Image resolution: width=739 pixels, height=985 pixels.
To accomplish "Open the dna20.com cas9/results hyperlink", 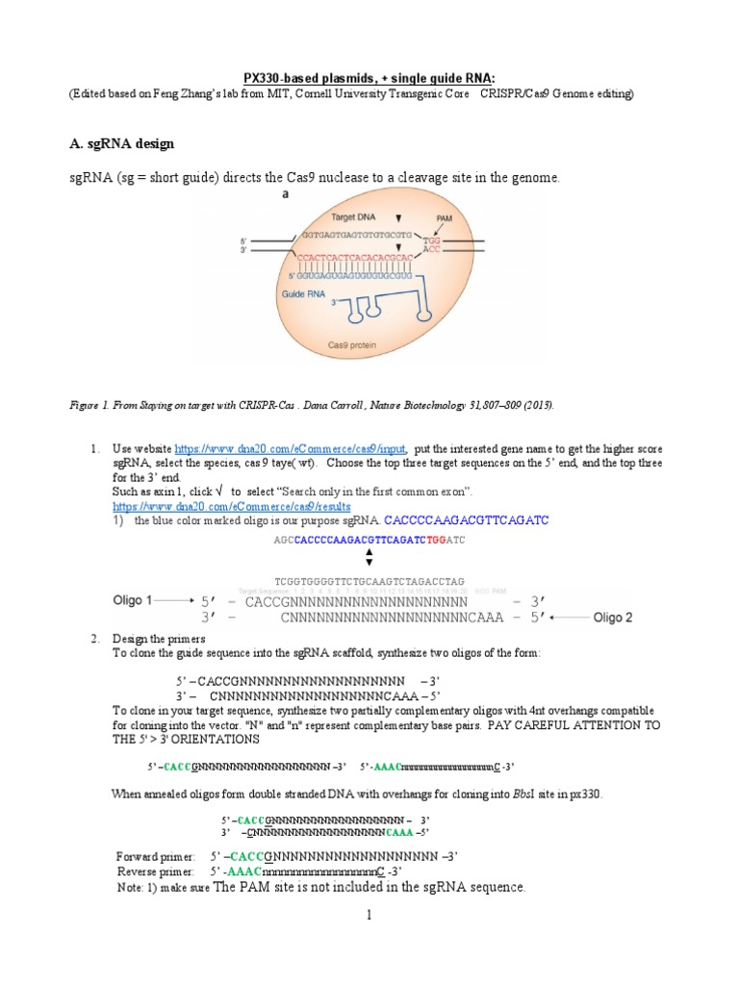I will coord(231,505).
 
